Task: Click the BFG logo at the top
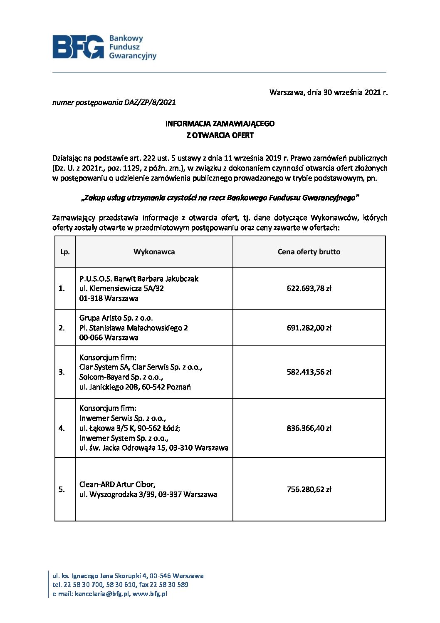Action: [x=104, y=47]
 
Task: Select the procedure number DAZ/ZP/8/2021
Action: [x=150, y=102]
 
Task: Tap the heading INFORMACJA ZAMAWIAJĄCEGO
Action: [x=220, y=124]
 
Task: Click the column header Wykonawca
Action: [x=154, y=252]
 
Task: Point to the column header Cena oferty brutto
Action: [x=309, y=252]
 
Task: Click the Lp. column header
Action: [x=65, y=252]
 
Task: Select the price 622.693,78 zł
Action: [x=309, y=288]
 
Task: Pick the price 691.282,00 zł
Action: [x=309, y=328]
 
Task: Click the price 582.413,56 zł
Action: [x=309, y=372]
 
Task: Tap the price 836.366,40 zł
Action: [x=309, y=428]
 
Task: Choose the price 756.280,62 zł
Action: [x=309, y=489]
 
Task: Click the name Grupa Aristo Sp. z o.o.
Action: [x=116, y=318]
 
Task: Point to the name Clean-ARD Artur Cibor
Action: [x=117, y=484]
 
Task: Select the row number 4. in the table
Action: [x=62, y=428]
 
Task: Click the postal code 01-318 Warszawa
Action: [x=109, y=298]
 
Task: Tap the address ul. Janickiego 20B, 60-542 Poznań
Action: [x=135, y=387]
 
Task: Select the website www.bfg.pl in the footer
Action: [x=150, y=594]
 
